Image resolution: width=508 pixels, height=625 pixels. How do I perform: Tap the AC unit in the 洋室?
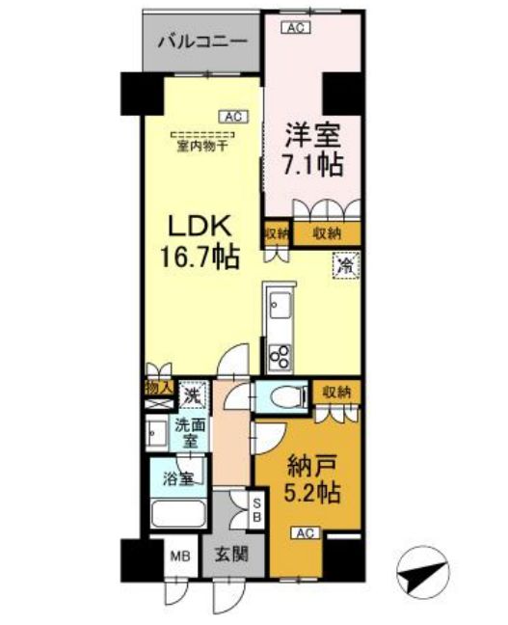pos(296,27)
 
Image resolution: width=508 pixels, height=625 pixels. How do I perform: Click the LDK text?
pos(201,228)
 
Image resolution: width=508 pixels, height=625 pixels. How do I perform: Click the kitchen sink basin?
pos(279,307)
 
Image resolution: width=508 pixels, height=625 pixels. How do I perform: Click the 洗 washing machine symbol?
pos(193,394)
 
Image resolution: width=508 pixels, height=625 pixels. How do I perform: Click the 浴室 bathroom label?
pos(175,476)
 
